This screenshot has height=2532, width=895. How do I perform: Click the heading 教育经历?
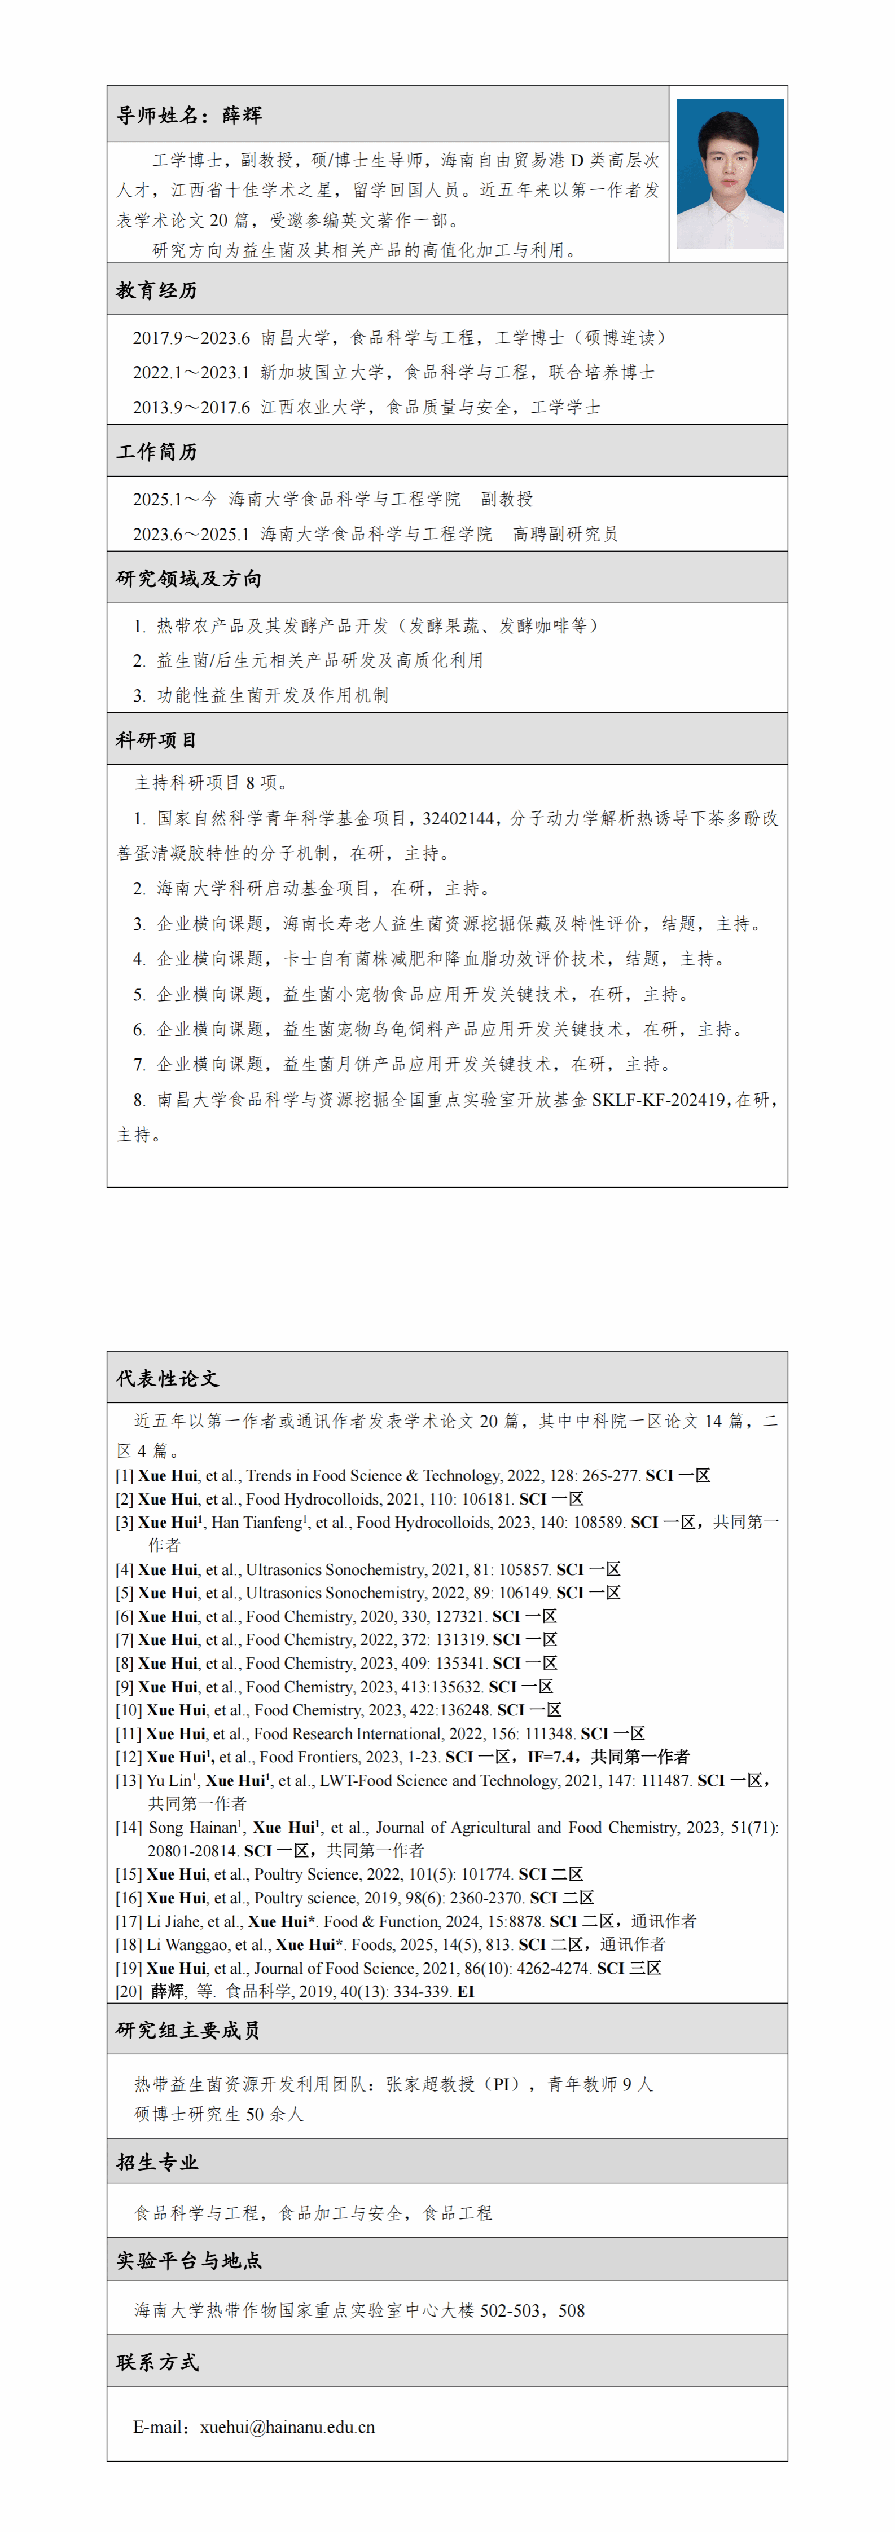pyautogui.click(x=157, y=291)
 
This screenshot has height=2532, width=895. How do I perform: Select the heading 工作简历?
pyautogui.click(x=157, y=451)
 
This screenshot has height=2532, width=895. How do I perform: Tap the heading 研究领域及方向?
pyautogui.click(x=189, y=579)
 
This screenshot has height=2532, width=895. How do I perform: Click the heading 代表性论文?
pyautogui.click(x=167, y=1378)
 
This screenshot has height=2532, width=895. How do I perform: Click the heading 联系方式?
pyautogui.click(x=157, y=2362)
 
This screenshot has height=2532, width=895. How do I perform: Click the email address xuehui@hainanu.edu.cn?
pyautogui.click(x=287, y=2427)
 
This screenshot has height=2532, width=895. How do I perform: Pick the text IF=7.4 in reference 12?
pyautogui.click(x=551, y=1757)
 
